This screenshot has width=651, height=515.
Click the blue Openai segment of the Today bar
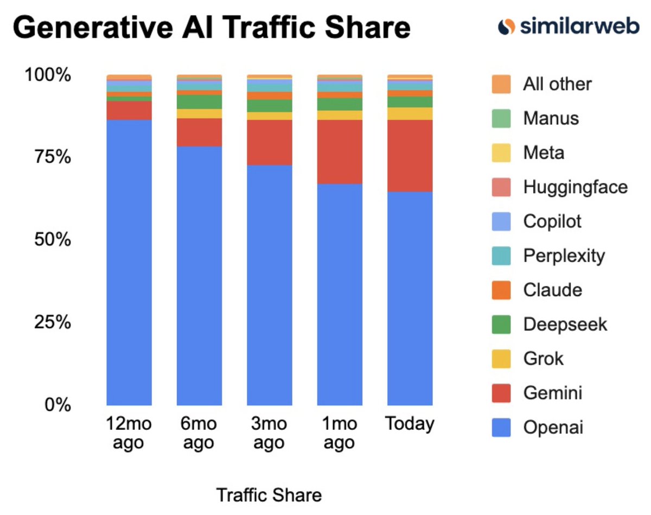point(410,298)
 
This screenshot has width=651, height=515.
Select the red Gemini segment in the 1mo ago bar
point(340,152)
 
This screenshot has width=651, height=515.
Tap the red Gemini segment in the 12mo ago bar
point(129,110)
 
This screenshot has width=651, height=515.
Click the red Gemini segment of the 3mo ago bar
point(269,142)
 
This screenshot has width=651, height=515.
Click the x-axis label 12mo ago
point(129,433)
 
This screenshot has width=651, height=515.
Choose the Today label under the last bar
point(410,424)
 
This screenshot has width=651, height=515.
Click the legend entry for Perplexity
point(564,255)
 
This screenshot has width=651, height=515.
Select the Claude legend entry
point(552,290)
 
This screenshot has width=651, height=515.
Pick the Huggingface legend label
point(575,187)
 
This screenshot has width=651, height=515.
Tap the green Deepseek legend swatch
point(501,325)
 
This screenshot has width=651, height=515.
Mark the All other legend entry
point(557,84)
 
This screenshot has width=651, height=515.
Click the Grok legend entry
point(543,359)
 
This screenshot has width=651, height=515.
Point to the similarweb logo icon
point(506,26)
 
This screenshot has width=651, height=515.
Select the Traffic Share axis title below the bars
point(269,495)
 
